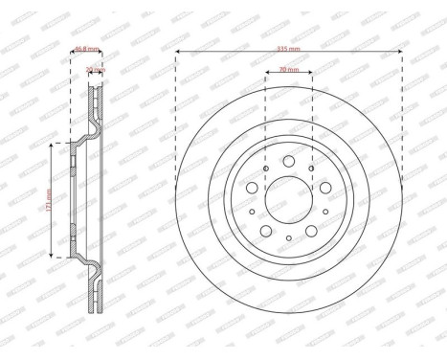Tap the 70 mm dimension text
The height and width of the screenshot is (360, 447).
click(x=288, y=70)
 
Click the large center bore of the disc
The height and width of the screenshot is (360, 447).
click(x=289, y=199)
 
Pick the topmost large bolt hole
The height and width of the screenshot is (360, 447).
click(x=289, y=162)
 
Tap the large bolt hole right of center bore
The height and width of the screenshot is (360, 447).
click(x=324, y=189)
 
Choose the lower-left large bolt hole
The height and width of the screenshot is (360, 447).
click(x=267, y=230)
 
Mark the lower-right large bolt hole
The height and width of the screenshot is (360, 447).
click(x=311, y=230)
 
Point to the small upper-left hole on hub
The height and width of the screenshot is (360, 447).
click(x=267, y=169)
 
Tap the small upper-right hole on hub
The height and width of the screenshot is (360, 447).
click(x=311, y=169)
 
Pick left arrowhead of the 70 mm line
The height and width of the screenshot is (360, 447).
click(x=265, y=78)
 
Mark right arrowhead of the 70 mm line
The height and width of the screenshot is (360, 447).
click(x=312, y=78)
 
